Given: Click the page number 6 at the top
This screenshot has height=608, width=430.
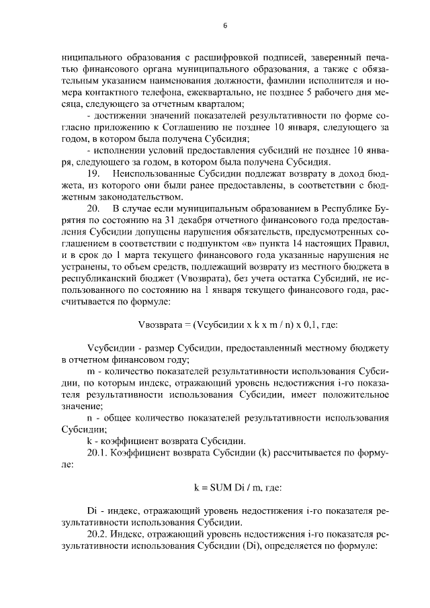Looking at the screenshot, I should coord(225,26).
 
